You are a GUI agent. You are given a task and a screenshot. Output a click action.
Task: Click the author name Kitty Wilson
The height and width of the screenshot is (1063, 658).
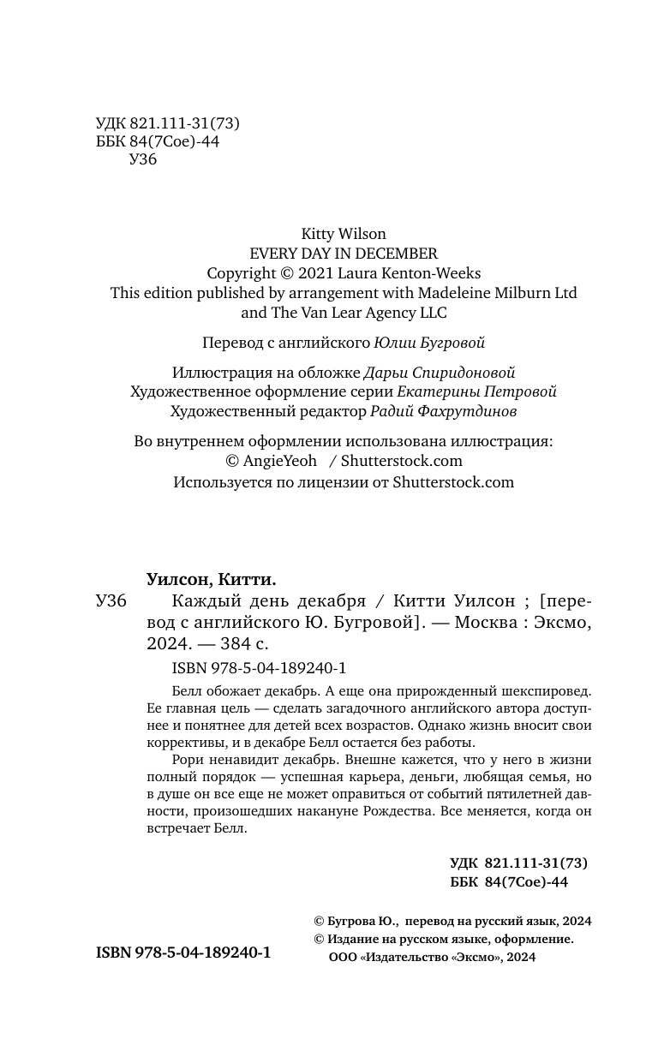tap(344, 234)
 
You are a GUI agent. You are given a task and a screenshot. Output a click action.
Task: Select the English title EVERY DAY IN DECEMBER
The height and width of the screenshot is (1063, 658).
tap(344, 254)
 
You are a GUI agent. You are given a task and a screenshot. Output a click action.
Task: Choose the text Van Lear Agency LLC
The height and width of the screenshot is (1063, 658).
tap(374, 313)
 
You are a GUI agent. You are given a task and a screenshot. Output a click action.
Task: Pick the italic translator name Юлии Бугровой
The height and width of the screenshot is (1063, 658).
tap(429, 343)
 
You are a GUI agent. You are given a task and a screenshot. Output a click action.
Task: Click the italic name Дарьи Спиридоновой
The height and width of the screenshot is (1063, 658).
tap(440, 373)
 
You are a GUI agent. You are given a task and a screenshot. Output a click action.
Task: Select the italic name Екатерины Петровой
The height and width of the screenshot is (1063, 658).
tap(477, 392)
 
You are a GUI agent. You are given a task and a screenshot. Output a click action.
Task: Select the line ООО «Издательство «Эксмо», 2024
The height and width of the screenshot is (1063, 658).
tap(432, 958)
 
